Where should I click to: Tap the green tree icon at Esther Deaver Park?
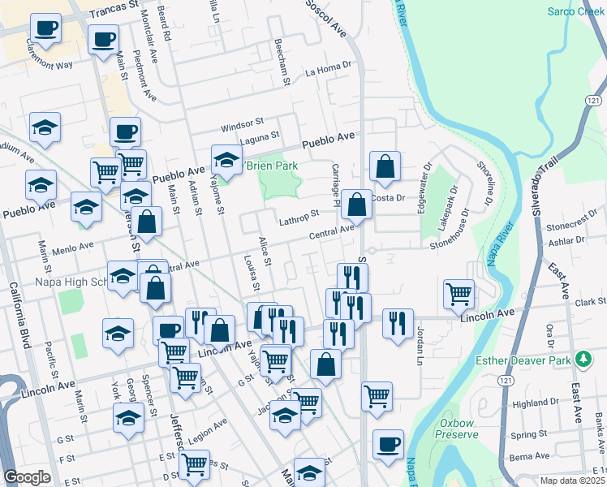(582, 358)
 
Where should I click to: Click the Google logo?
(27, 477)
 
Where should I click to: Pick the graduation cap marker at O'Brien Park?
(226, 159)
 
